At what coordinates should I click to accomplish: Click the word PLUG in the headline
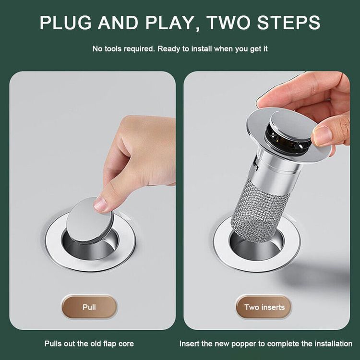pyautogui.click(x=66, y=23)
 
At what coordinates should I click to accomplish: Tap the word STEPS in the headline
pyautogui.click(x=288, y=23)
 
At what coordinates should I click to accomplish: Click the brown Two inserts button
pyautogui.click(x=264, y=307)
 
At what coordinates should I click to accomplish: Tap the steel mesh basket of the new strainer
pyautogui.click(x=259, y=211)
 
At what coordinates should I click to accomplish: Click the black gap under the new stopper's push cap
pyautogui.click(x=285, y=140)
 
